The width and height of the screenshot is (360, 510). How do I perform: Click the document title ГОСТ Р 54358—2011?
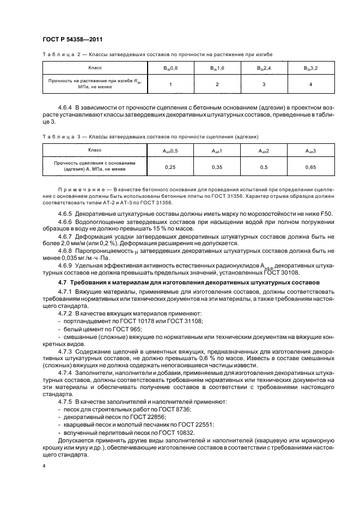73,39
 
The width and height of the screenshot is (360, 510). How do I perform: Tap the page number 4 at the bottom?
44,466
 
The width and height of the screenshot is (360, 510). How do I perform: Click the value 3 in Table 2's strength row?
264,84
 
